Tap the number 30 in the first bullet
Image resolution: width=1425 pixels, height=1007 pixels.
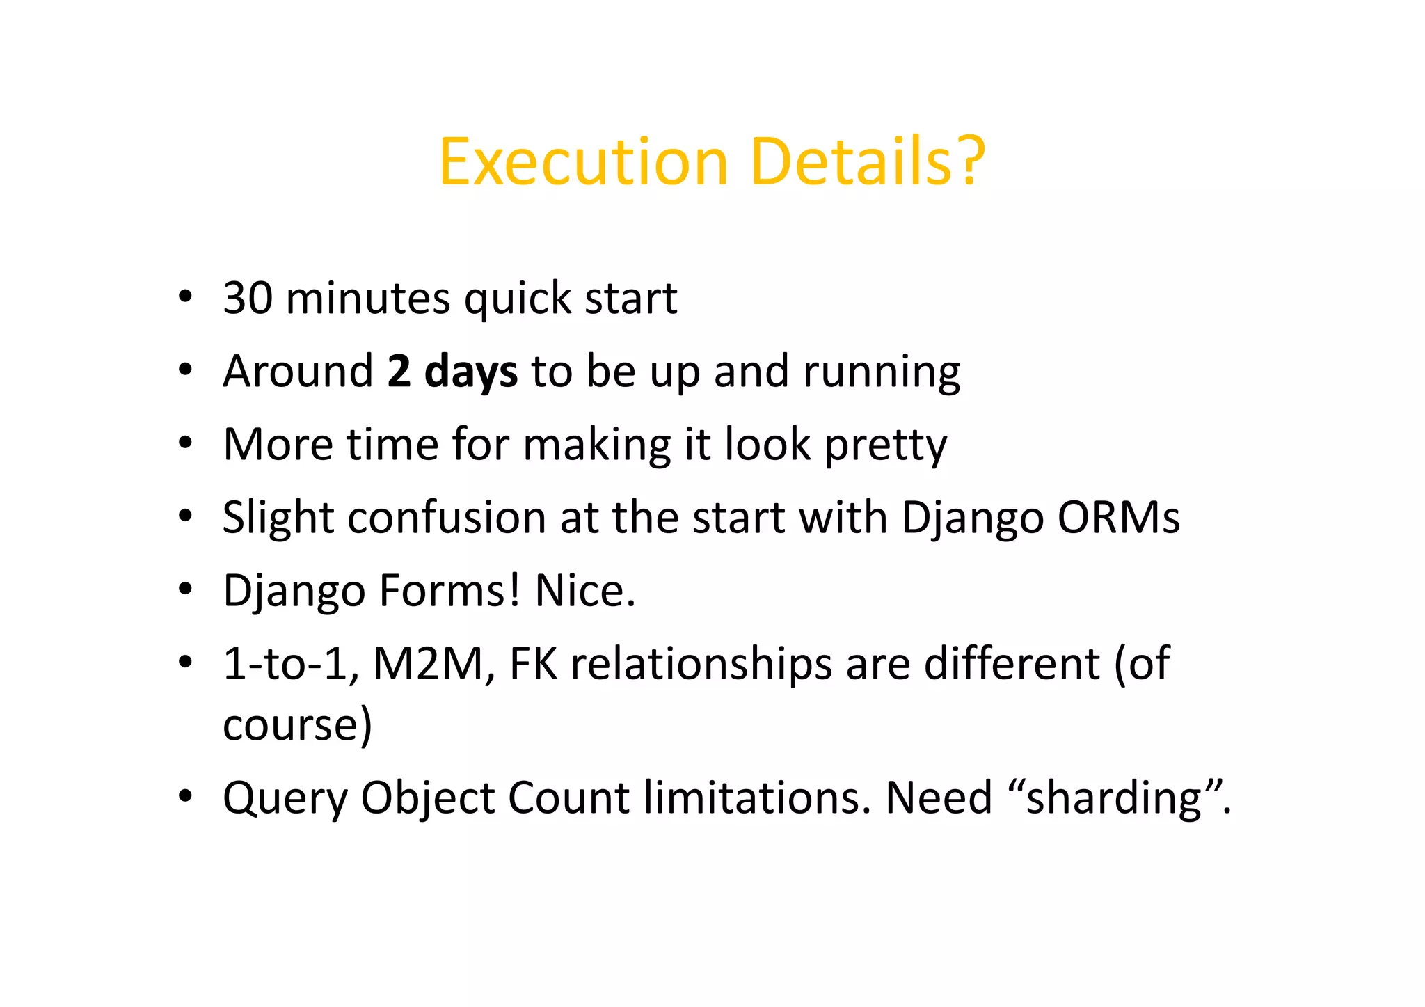(248, 298)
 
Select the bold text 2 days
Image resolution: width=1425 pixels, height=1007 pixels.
(452, 371)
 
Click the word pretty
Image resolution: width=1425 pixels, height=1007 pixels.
(885, 445)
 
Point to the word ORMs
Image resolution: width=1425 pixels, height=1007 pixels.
(1118, 518)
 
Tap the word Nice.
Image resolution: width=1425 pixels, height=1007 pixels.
(584, 591)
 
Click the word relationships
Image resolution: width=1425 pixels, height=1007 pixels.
(701, 664)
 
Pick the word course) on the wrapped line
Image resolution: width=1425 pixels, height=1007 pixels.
(298, 725)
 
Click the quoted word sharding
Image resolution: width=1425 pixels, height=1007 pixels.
(1113, 798)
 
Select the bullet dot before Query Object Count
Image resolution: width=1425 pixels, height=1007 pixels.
(184, 796)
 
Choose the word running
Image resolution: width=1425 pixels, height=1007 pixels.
(882, 372)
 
